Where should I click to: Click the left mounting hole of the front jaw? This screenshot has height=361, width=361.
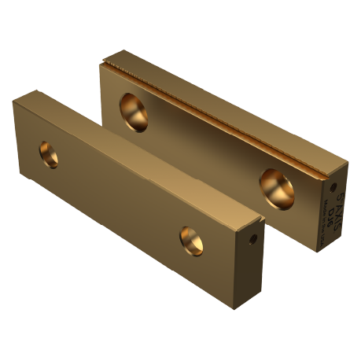[x=49, y=154]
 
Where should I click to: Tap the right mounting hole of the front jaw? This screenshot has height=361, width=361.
[x=191, y=240]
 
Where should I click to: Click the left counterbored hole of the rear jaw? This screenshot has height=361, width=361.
[x=134, y=112]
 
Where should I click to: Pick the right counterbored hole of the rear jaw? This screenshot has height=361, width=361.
[x=277, y=189]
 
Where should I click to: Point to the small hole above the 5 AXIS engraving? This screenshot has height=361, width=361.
[x=333, y=187]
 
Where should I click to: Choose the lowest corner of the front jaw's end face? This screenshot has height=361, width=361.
[x=246, y=293]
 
